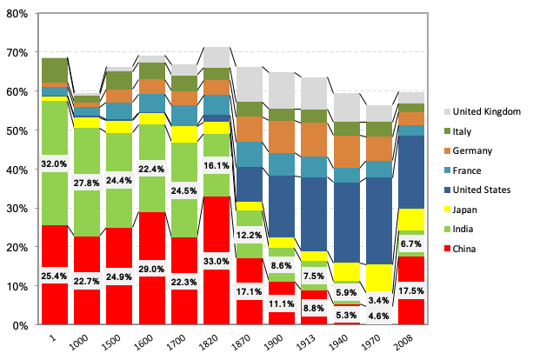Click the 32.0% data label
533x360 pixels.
tap(54, 163)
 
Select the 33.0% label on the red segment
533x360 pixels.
tap(217, 261)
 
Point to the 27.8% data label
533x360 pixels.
tap(87, 183)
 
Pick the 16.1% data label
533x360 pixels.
tap(217, 165)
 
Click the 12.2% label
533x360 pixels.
tap(249, 236)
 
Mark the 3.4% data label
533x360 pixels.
tap(378, 301)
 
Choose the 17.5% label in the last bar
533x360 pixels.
tap(410, 291)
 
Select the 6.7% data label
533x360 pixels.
tap(410, 244)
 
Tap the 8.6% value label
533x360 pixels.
tap(281, 265)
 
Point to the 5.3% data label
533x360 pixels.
tap(346, 315)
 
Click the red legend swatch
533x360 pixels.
tap(447, 249)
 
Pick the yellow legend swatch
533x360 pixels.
tap(447, 210)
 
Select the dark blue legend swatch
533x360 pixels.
tap(447, 190)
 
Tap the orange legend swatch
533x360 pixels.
tap(447, 150)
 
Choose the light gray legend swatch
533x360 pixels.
tap(447, 111)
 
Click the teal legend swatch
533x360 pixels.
tap(447, 170)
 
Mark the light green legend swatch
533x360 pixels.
tap(447, 229)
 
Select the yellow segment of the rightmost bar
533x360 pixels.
tap(410, 218)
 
